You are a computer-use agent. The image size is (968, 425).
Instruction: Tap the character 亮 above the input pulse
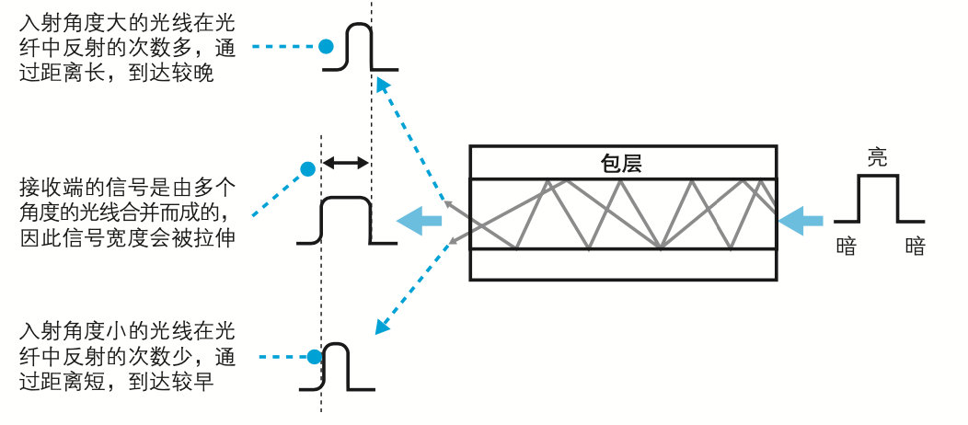[878, 157]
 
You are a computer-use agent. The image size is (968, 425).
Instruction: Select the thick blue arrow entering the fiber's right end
[801, 221]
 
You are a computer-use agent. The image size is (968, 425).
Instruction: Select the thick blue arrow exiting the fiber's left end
[418, 220]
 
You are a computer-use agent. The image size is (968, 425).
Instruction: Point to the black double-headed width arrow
[344, 163]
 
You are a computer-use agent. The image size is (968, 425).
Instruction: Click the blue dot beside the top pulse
[325, 45]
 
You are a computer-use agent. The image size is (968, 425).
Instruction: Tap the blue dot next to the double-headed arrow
[307, 168]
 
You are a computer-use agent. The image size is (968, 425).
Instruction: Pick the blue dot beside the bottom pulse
[314, 356]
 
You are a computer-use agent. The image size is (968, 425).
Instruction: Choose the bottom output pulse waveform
[337, 366]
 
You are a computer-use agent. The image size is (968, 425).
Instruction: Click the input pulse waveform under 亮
[878, 198]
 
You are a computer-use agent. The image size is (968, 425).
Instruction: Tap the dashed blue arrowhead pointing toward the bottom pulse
[377, 328]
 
